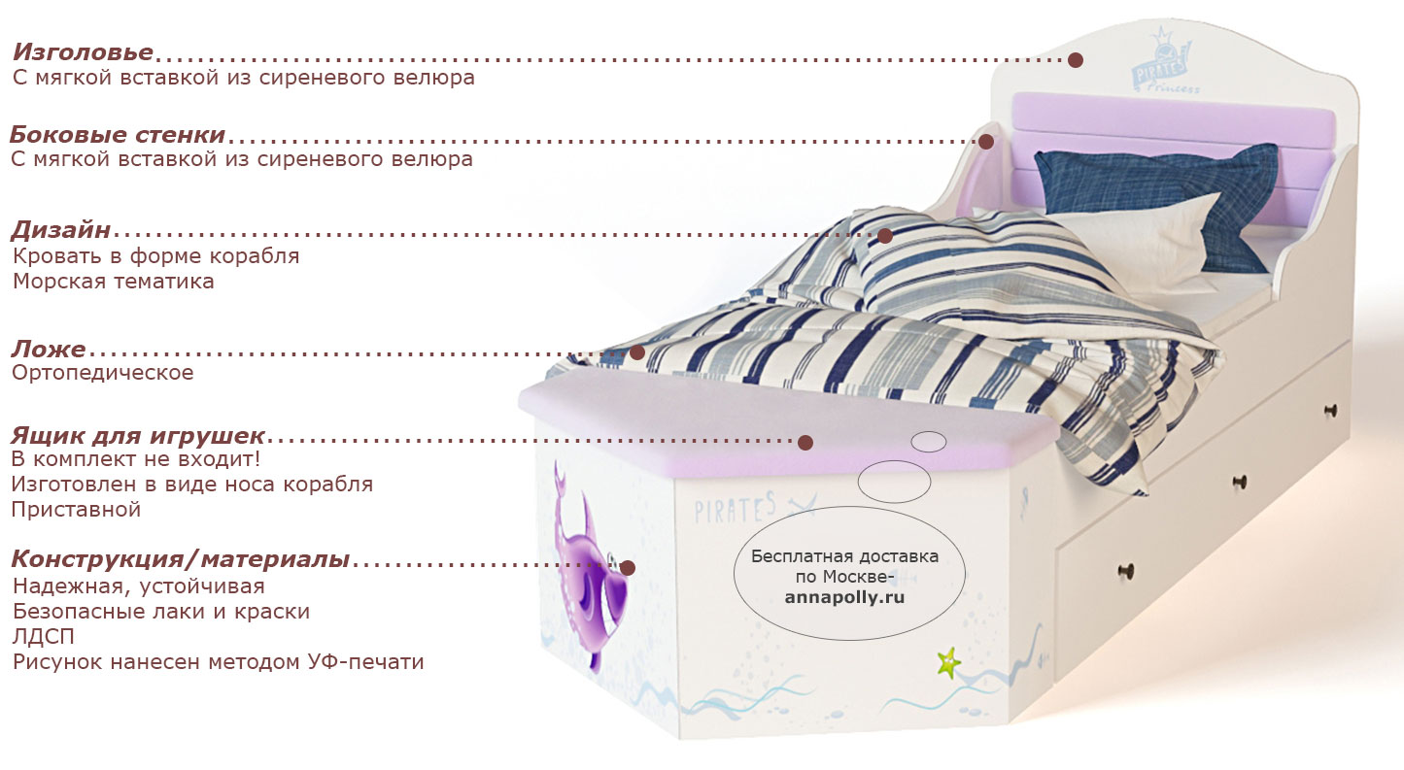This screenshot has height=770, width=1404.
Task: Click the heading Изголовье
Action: pyautogui.click(x=83, y=52)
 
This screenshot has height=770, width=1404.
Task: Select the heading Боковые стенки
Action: pyautogui.click(x=118, y=135)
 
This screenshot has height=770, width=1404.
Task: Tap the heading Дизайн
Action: pyautogui.click(x=61, y=230)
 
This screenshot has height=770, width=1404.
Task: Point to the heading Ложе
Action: pyautogui.click(x=49, y=349)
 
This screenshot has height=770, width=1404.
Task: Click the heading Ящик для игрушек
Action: pyautogui.click(x=138, y=435)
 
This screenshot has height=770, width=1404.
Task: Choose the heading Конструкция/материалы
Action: pyautogui.click(x=181, y=558)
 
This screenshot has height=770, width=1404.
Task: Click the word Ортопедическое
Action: pyautogui.click(x=103, y=373)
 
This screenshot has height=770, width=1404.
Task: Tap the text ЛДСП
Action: pyautogui.click(x=44, y=637)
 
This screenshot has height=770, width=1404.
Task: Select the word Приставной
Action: pyautogui.click(x=76, y=510)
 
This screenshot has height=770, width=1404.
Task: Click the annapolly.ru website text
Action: pyautogui.click(x=844, y=598)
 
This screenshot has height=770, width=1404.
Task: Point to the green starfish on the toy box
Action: pyautogui.click(x=948, y=663)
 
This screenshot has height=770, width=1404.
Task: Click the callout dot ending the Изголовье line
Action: pyautogui.click(x=1076, y=60)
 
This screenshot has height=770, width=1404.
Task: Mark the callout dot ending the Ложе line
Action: pyautogui.click(x=637, y=352)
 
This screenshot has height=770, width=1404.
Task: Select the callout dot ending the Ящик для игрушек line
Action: pyautogui.click(x=805, y=443)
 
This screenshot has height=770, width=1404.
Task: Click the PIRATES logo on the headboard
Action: pyautogui.click(x=1161, y=63)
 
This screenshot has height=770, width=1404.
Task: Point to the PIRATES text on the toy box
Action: pyautogui.click(x=736, y=509)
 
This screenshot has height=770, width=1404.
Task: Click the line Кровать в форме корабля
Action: pyautogui.click(x=156, y=256)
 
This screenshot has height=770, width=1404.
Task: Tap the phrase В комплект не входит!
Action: pyautogui.click(x=135, y=459)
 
